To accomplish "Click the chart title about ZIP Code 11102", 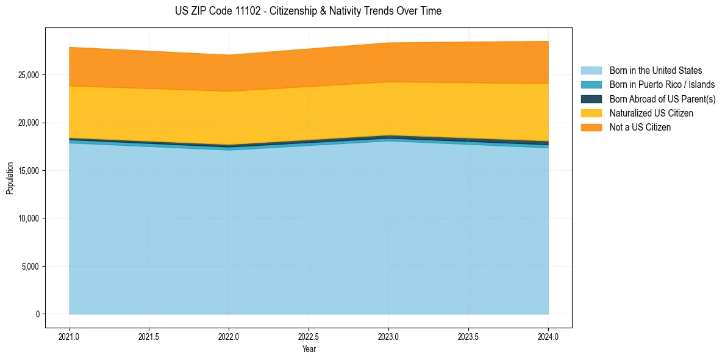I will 308,11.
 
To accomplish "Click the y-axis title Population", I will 10,178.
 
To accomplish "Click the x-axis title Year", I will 309,349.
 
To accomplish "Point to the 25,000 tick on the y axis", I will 26,75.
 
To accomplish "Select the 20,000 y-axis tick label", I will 26,123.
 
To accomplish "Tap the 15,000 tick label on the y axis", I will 26,170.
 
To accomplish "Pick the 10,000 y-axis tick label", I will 26,218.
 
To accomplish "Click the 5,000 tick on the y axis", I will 28,266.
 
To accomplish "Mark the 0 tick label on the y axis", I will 37,314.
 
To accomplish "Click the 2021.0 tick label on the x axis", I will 69,336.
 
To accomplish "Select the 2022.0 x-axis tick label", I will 229,336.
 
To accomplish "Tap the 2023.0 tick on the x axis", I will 388,336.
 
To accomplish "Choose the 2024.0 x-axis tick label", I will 548,336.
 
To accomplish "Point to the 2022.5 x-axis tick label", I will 309,336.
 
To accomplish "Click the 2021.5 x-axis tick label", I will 149,336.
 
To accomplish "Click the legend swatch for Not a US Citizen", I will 591,128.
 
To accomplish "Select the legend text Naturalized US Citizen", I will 651,113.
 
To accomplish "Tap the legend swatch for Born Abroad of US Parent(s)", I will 591,99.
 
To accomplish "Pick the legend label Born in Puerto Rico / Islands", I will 662,85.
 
